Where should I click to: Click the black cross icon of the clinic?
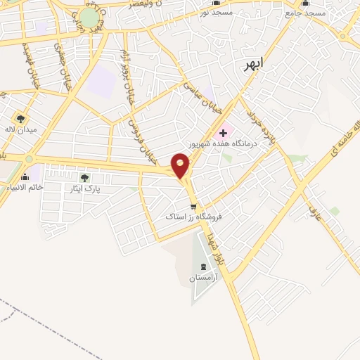coord(224,132)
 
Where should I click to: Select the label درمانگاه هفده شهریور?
coord(225,143)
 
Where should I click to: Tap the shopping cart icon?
coord(193,207)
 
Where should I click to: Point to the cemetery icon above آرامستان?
coord(204,266)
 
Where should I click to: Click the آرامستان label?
coord(204,278)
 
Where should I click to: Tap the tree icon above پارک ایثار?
coord(85,178)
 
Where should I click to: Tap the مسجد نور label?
coord(214,12)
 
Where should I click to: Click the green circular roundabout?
coord(89,17)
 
